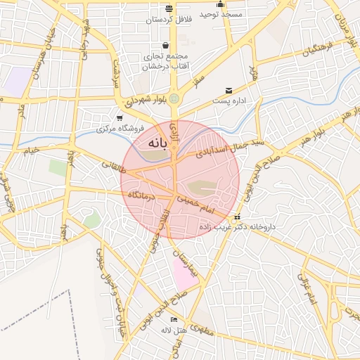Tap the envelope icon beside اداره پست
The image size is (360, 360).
click(x=229, y=91)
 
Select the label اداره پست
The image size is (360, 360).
click(x=230, y=102)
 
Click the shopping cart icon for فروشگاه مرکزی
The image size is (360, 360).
click(x=120, y=118)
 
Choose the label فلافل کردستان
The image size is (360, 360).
click(x=169, y=20)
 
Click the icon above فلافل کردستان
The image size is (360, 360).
click(x=169, y=8)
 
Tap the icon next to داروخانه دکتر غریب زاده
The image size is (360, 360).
click(x=237, y=217)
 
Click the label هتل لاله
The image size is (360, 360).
click(x=172, y=330)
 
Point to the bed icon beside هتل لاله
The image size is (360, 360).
click(x=165, y=320)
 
